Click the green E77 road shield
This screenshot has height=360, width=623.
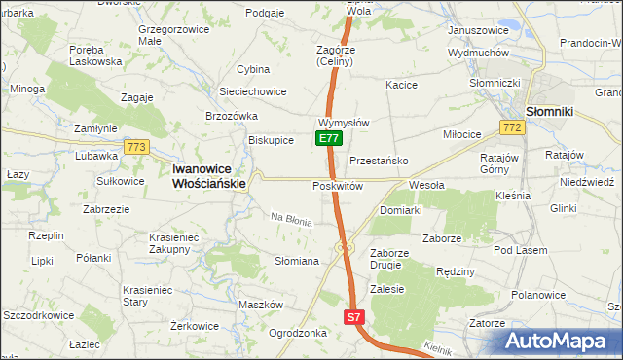pyautogui.click(x=329, y=138)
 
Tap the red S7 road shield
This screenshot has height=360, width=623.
pyautogui.click(x=354, y=317)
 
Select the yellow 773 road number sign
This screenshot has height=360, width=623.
pyautogui.click(x=135, y=147)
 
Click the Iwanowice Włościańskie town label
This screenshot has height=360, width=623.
pyautogui.click(x=208, y=174)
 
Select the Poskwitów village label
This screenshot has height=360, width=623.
pyautogui.click(x=338, y=186)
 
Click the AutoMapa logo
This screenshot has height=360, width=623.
pyautogui.click(x=560, y=342)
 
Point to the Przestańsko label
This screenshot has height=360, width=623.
pyautogui.click(x=378, y=161)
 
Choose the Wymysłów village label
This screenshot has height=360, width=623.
pyautogui.click(x=343, y=124)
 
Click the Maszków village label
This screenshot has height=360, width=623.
pyautogui.click(x=260, y=305)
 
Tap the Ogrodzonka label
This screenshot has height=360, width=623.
pyautogui.click(x=297, y=332)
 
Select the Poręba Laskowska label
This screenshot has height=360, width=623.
pyautogui.click(x=94, y=54)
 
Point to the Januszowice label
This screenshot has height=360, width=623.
pyautogui.click(x=478, y=30)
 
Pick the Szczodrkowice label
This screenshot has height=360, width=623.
pyautogui.click(x=40, y=316)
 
